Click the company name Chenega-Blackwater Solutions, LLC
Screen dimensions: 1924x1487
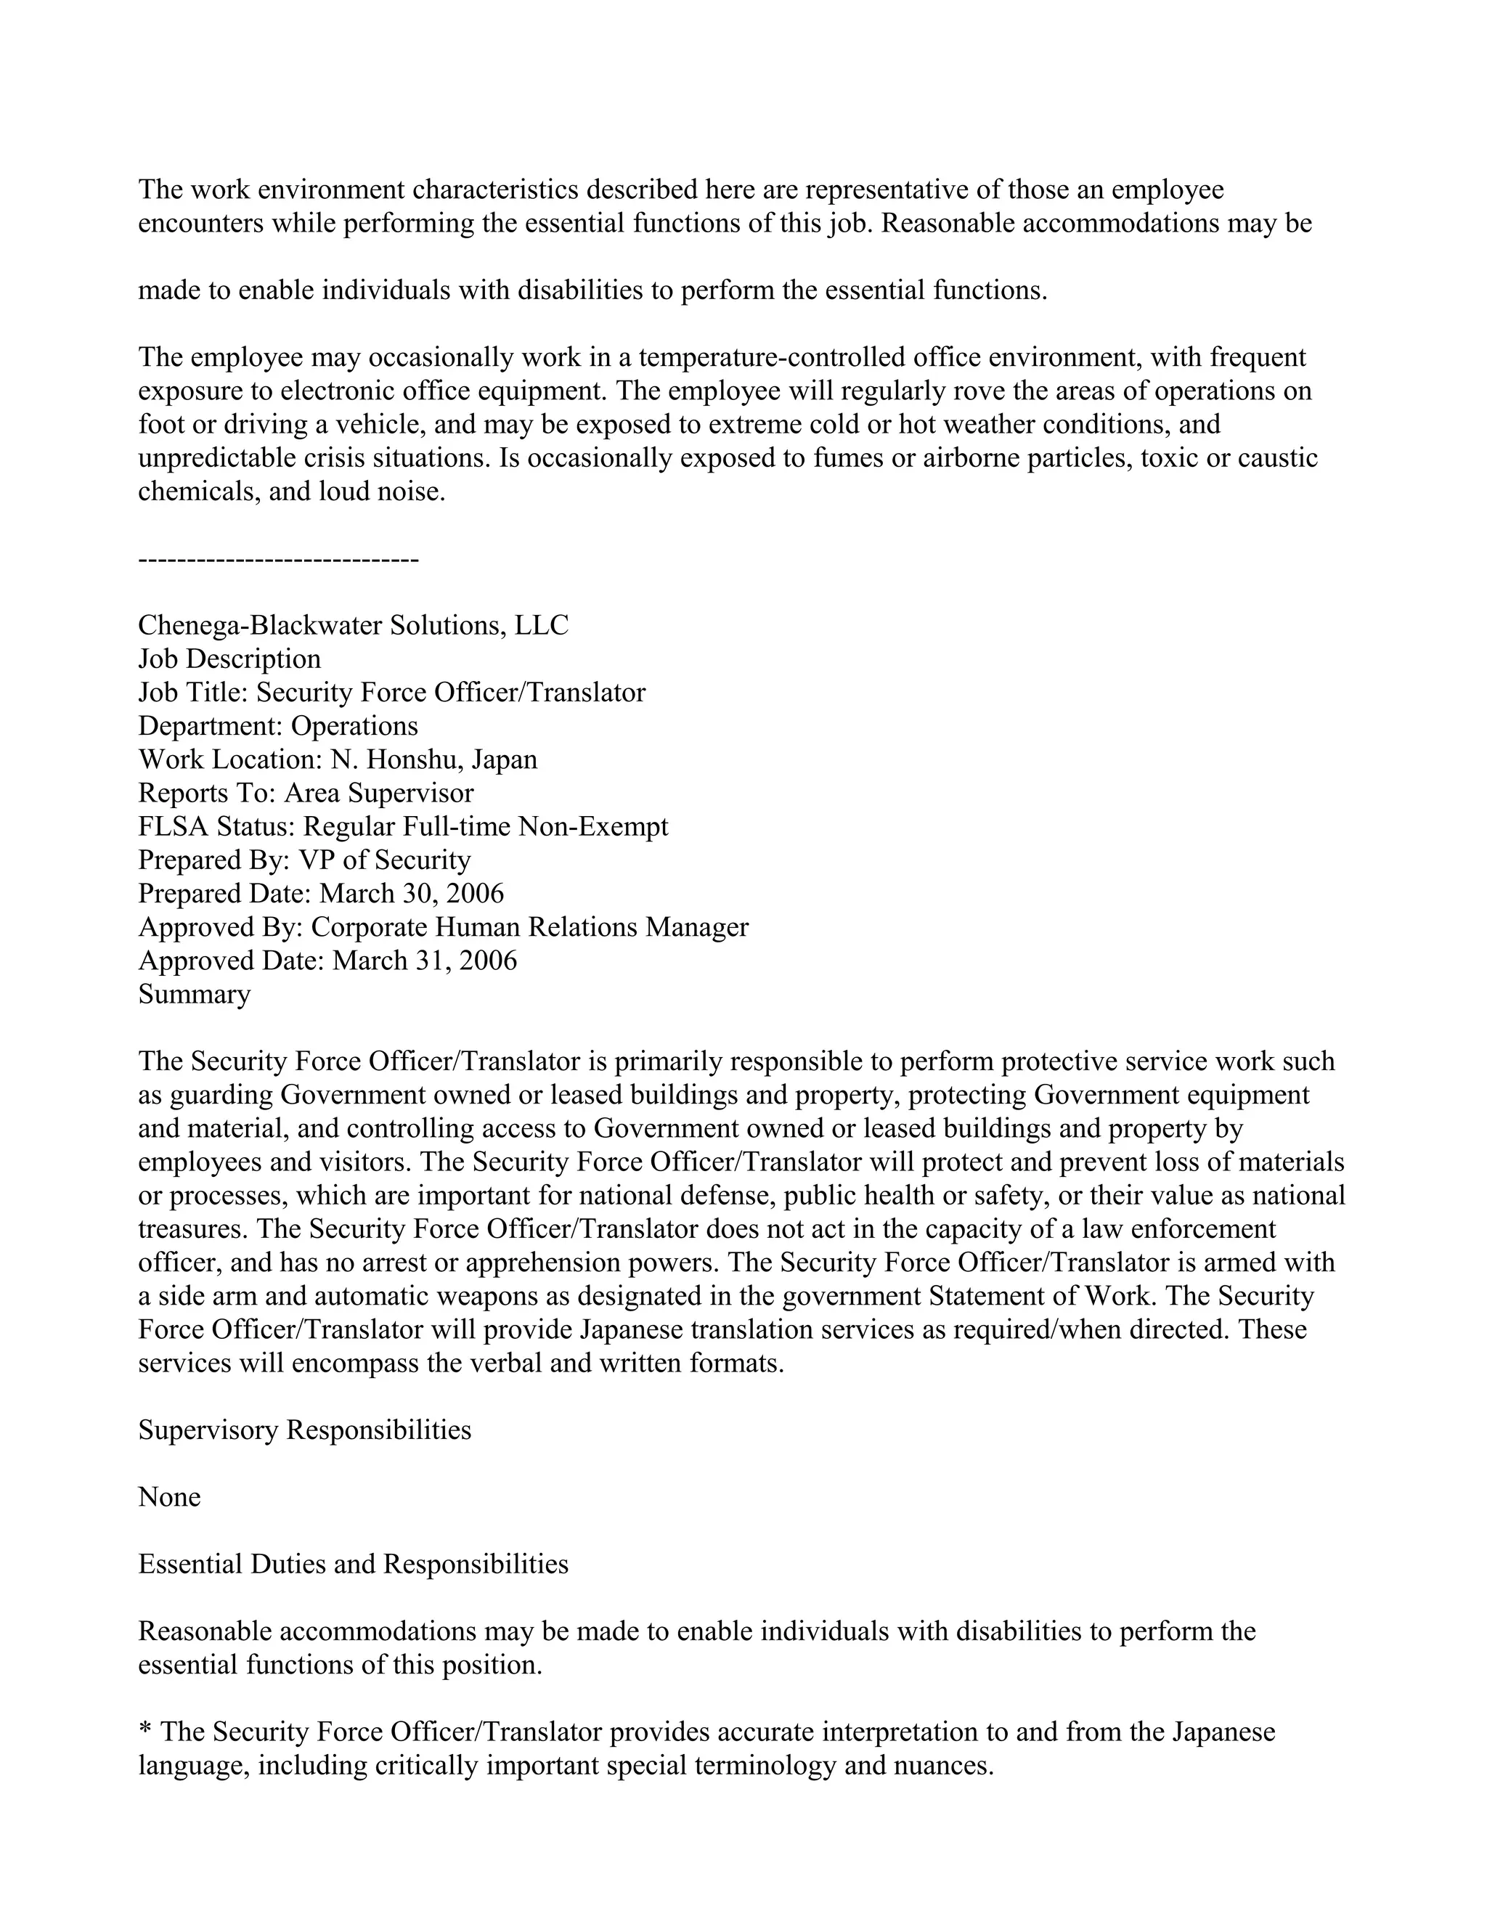coord(354,625)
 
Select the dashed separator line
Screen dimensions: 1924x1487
coord(278,559)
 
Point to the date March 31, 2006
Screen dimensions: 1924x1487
coord(425,961)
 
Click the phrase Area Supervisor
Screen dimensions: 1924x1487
coord(379,793)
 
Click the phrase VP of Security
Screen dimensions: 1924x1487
coord(385,860)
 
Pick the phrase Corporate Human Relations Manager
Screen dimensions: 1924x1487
coord(529,926)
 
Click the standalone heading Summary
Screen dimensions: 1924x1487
coord(195,994)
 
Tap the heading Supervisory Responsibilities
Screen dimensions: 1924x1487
coord(305,1430)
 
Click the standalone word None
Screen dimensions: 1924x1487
coord(169,1497)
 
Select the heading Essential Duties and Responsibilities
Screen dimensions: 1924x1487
coord(354,1564)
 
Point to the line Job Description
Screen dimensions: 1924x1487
coord(230,659)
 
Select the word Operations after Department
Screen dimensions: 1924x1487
coord(354,726)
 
